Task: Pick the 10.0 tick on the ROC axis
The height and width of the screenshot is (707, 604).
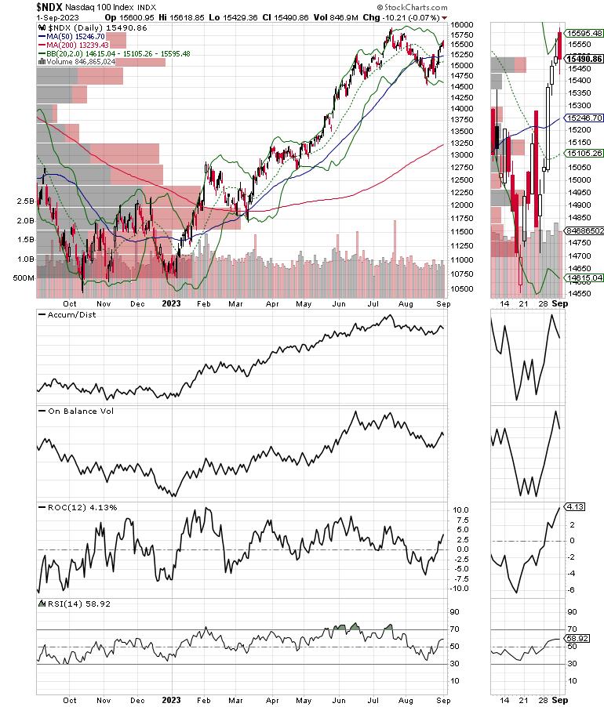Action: tap(461, 510)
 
